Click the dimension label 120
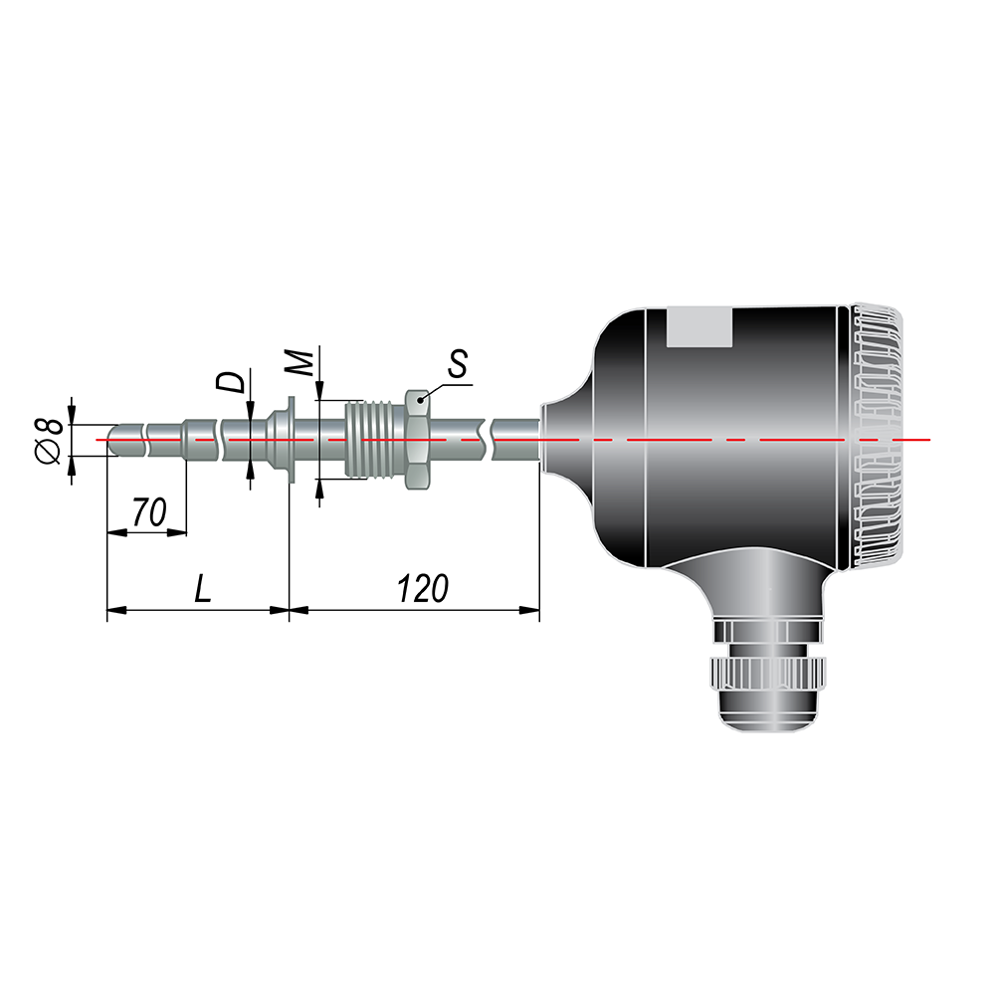point(423,588)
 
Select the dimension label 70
point(149,512)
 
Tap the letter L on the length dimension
point(202,588)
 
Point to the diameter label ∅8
point(50,441)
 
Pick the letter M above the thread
point(299,362)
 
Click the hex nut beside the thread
point(417,439)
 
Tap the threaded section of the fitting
point(374,439)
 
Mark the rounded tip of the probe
point(114,439)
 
